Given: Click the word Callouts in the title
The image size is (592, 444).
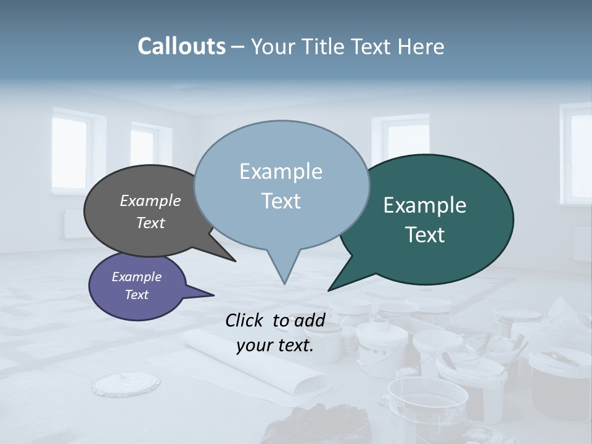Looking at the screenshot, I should pyautogui.click(x=181, y=46).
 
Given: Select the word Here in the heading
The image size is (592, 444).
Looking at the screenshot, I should pyautogui.click(x=421, y=46).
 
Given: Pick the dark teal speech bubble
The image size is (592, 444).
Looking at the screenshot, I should pyautogui.click(x=432, y=220).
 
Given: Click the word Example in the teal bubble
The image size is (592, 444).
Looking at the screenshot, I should pyautogui.click(x=425, y=205).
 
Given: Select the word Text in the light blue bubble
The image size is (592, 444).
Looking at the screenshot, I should pyautogui.click(x=281, y=201).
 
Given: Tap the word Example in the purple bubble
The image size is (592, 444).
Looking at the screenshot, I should pyautogui.click(x=137, y=277).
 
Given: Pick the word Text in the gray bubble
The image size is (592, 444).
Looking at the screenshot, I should pyautogui.click(x=150, y=223).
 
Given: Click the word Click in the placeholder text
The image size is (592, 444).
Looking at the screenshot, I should pyautogui.click(x=246, y=320).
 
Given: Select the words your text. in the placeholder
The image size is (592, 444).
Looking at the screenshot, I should pyautogui.click(x=275, y=345).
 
